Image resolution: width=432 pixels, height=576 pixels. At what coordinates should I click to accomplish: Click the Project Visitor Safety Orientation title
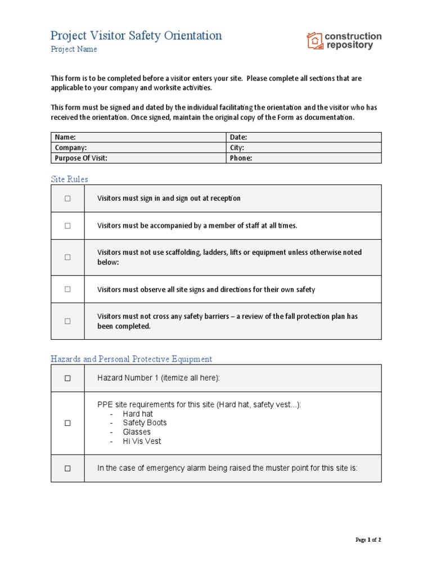tap(136, 35)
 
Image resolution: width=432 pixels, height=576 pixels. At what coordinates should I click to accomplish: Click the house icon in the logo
tap(314, 40)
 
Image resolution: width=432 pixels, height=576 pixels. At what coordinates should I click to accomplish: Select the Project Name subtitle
tap(74, 49)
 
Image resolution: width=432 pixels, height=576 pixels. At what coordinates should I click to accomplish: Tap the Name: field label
tap(65, 137)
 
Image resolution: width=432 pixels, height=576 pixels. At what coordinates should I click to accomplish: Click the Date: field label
tap(238, 137)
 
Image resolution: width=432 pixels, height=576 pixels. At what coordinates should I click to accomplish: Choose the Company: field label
tap(70, 148)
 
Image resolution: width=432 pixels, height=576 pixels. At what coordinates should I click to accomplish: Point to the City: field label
tap(237, 148)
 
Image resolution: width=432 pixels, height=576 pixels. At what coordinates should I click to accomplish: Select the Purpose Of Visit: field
tap(80, 158)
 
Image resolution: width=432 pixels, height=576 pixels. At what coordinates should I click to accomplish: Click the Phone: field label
tap(241, 158)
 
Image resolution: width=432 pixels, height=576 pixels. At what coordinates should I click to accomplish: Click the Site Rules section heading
tap(69, 179)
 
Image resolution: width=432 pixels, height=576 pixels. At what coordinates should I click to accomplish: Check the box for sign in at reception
tap(67, 199)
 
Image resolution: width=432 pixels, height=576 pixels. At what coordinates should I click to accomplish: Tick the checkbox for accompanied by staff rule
tap(67, 226)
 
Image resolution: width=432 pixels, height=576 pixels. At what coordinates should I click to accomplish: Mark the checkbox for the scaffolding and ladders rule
tap(67, 257)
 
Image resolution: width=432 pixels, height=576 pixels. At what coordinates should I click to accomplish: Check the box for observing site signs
tap(67, 289)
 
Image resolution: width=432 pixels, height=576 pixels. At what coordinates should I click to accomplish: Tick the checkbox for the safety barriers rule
tap(67, 321)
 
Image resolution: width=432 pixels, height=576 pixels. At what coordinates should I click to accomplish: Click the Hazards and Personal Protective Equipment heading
tap(131, 359)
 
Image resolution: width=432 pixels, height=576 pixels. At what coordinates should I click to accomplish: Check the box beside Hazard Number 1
tap(67, 379)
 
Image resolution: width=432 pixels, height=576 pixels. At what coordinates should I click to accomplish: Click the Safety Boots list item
tap(145, 422)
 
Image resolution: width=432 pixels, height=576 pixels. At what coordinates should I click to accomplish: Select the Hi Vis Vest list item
tap(142, 441)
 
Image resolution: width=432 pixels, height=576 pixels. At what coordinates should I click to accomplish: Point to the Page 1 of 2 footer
tap(368, 540)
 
